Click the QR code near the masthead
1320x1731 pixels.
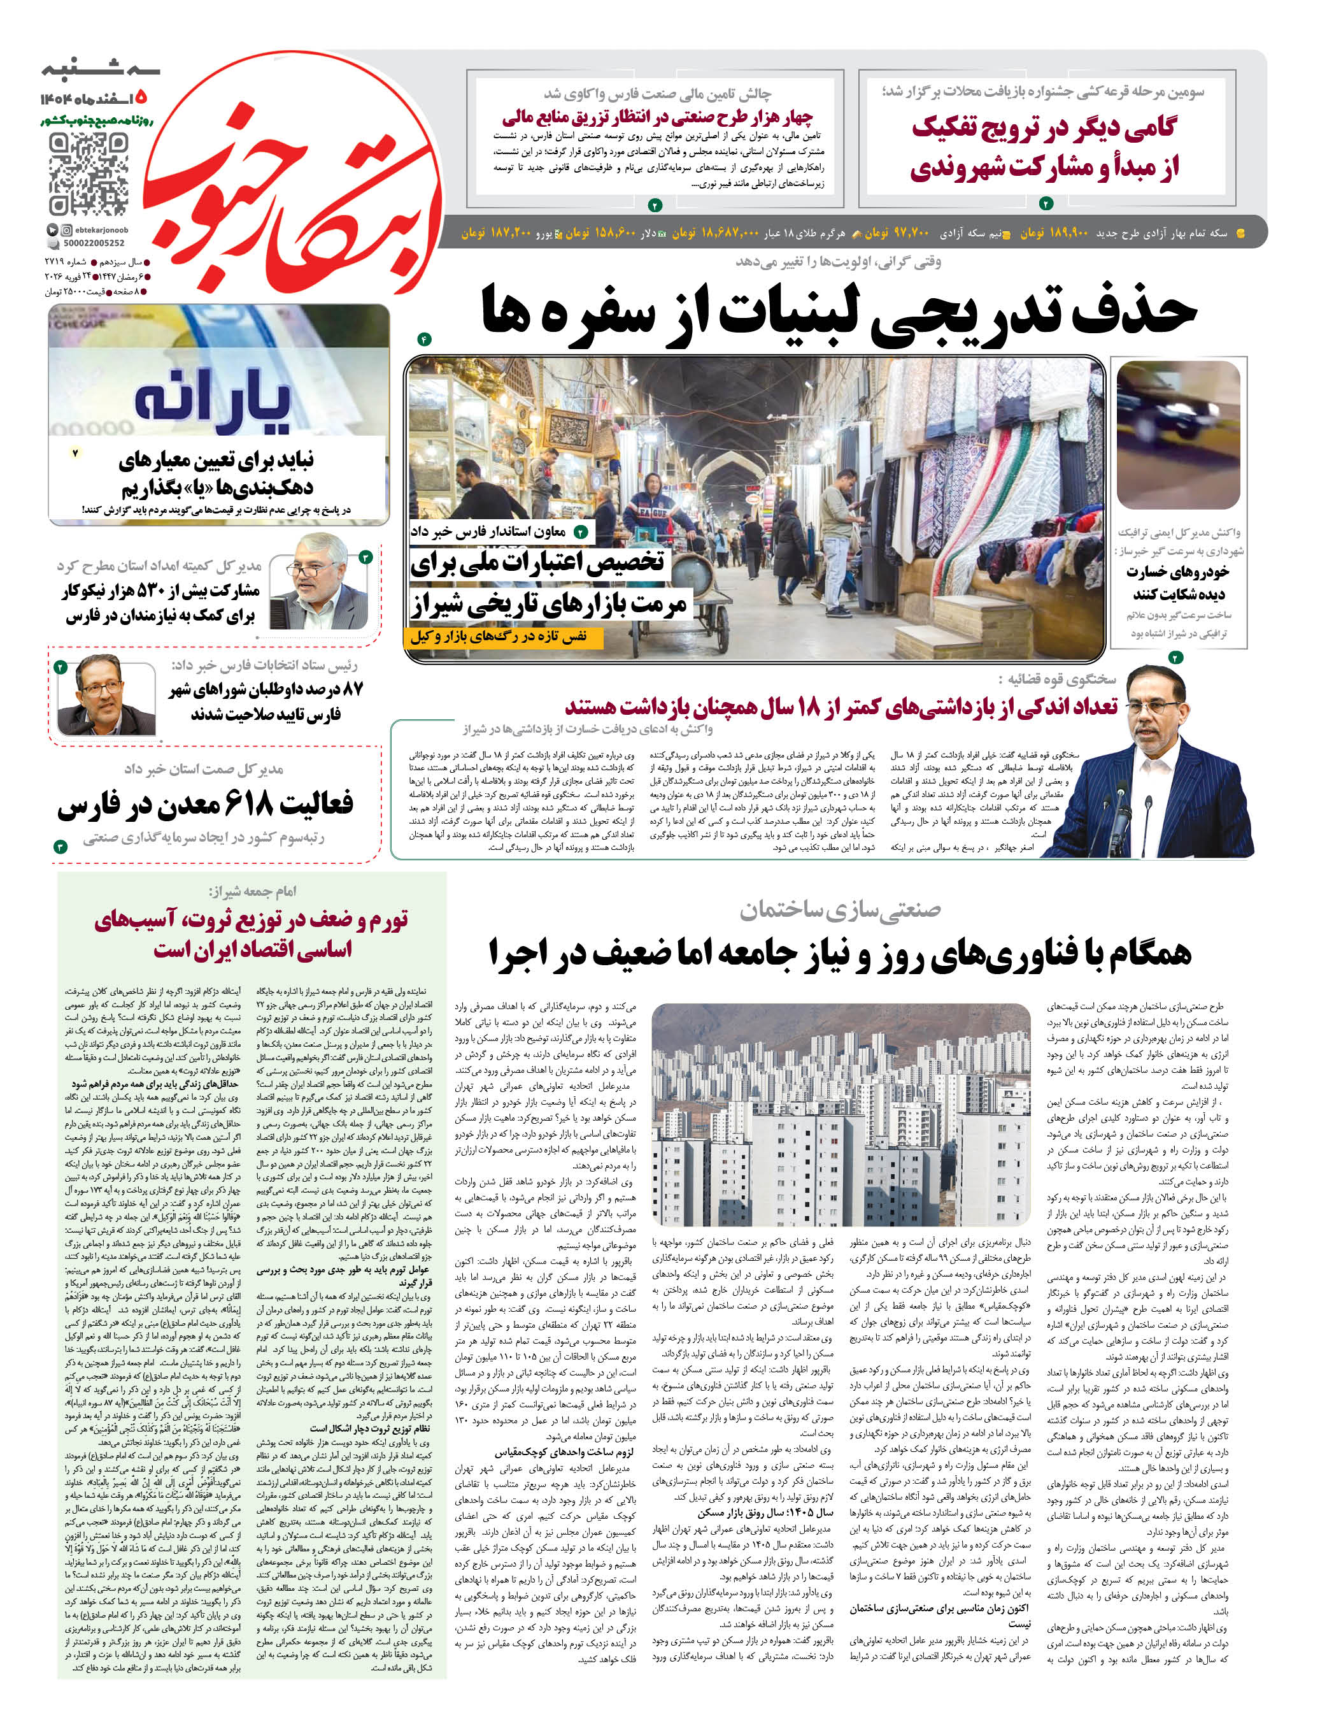(88, 175)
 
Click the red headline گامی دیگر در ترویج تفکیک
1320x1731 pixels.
(1044, 128)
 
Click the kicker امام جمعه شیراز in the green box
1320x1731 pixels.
(252, 891)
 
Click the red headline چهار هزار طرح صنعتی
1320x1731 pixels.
(656, 118)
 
